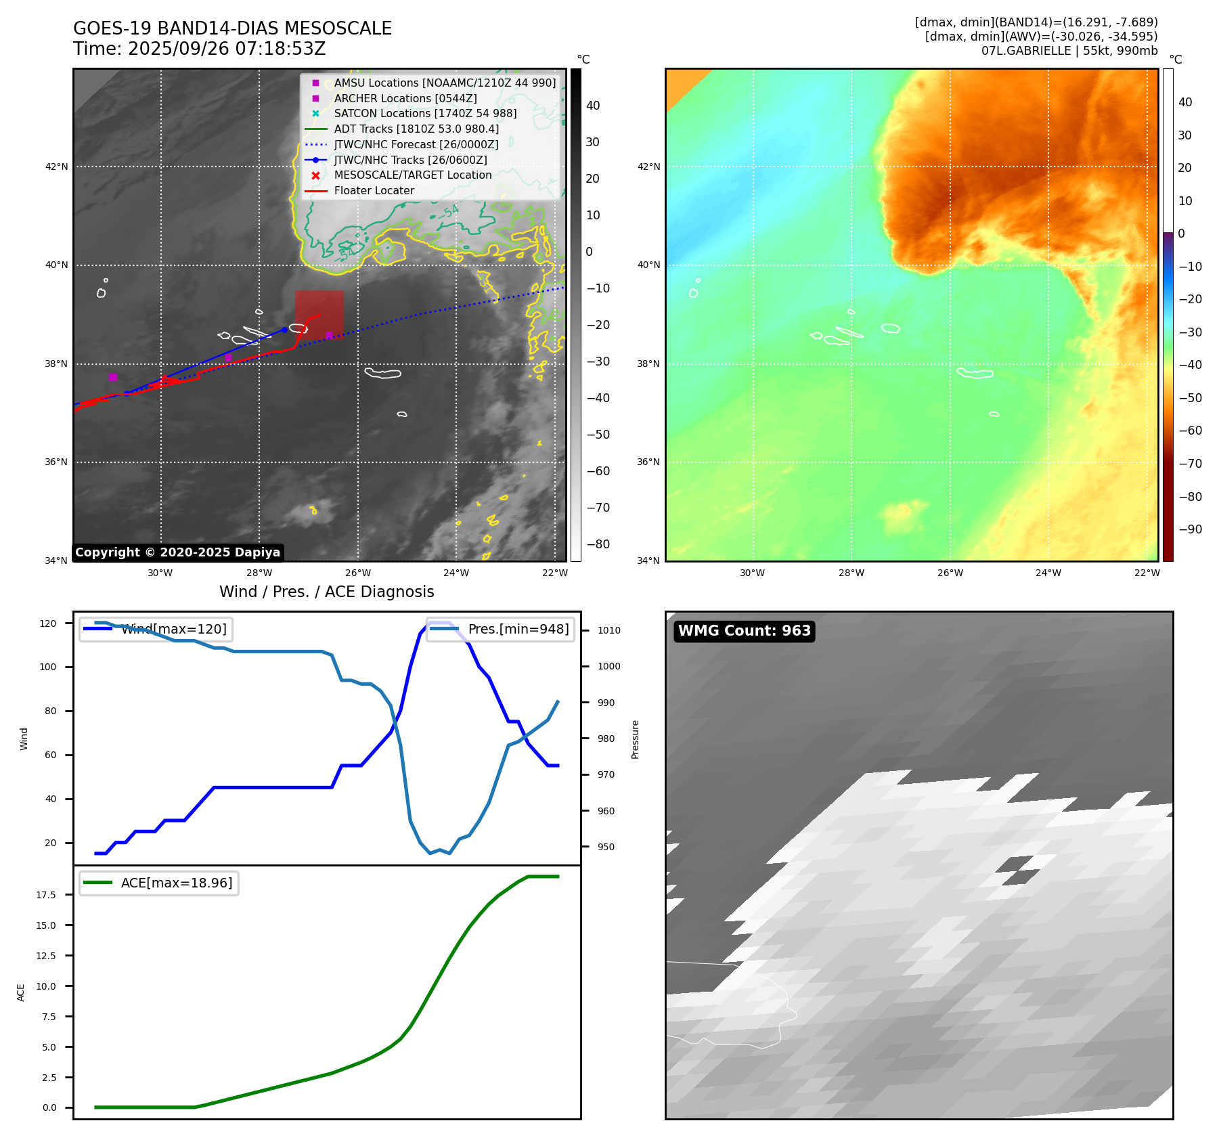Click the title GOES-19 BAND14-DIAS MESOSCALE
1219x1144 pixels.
pyautogui.click(x=232, y=28)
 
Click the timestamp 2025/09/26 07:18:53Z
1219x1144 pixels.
pyautogui.click(x=227, y=49)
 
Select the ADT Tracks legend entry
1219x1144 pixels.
pyautogui.click(x=416, y=129)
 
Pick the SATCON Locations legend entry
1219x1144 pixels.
pyautogui.click(x=425, y=113)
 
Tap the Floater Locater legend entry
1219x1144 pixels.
pyautogui.click(x=374, y=190)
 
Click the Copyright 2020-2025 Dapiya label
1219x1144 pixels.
pyautogui.click(x=177, y=552)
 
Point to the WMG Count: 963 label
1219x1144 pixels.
pyautogui.click(x=744, y=631)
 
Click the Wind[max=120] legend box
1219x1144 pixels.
pyautogui.click(x=155, y=629)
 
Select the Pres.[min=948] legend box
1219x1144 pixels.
pyautogui.click(x=500, y=629)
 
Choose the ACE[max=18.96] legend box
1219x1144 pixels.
pyautogui.click(x=159, y=883)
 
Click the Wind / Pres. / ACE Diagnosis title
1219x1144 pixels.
pyautogui.click(x=326, y=592)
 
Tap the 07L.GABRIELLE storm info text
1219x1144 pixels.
pyautogui.click(x=1069, y=51)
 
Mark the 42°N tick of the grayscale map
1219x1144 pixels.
pyautogui.click(x=57, y=167)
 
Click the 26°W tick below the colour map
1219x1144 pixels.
pyautogui.click(x=950, y=573)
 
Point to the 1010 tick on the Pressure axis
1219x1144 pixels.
pyautogui.click(x=608, y=630)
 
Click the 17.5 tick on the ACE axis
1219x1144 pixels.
pyautogui.click(x=46, y=895)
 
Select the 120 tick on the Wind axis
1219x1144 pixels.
pyautogui.click(x=48, y=623)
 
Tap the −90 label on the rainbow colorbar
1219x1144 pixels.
pyautogui.click(x=1190, y=529)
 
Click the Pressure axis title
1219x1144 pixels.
pyautogui.click(x=635, y=739)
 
